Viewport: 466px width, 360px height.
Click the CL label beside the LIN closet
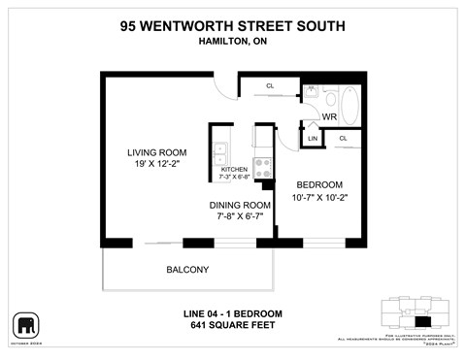pyautogui.click(x=344, y=140)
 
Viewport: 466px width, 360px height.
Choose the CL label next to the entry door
pyautogui.click(x=270, y=87)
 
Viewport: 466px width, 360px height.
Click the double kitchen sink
pyautogui.click(x=220, y=153)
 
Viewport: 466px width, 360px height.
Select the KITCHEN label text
pyautogui.click(x=235, y=170)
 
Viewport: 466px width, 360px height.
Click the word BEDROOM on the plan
pyautogui.click(x=319, y=184)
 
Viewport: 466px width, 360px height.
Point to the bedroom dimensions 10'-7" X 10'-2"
pyautogui.click(x=319, y=198)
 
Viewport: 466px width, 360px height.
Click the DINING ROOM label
pyautogui.click(x=240, y=205)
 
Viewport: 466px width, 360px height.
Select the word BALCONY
pyautogui.click(x=186, y=270)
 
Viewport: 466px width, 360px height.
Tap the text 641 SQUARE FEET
pyautogui.click(x=233, y=325)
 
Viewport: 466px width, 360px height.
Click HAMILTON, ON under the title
pyautogui.click(x=233, y=42)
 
